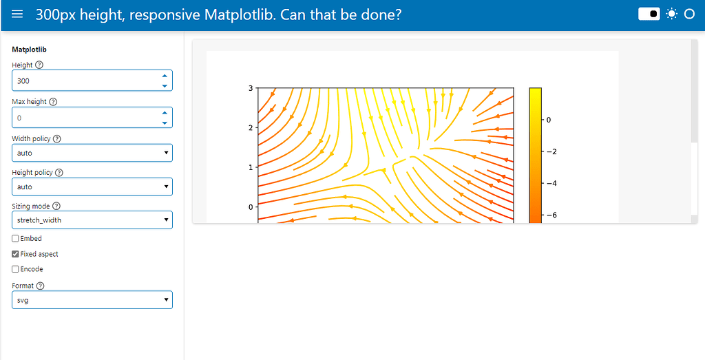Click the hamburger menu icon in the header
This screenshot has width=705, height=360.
17,14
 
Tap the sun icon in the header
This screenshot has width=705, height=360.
671,14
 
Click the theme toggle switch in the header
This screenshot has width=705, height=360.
649,14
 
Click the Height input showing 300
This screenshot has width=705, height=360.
92,81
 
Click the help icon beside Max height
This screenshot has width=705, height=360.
53,102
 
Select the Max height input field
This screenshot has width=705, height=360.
92,117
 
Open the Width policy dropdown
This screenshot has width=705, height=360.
92,153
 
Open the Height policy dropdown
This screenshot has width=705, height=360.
92,187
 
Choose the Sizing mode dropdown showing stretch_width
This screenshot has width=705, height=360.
92,220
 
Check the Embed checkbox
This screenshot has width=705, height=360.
15,239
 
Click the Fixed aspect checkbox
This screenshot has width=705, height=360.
15,254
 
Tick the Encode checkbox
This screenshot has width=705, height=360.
15,269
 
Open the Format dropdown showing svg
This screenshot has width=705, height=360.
92,300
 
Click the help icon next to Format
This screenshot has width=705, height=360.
41,286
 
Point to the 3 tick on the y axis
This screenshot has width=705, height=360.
251,88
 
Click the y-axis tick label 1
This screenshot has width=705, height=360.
251,167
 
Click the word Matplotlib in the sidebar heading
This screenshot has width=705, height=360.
29,50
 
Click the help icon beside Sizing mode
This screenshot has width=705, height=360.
56,206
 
